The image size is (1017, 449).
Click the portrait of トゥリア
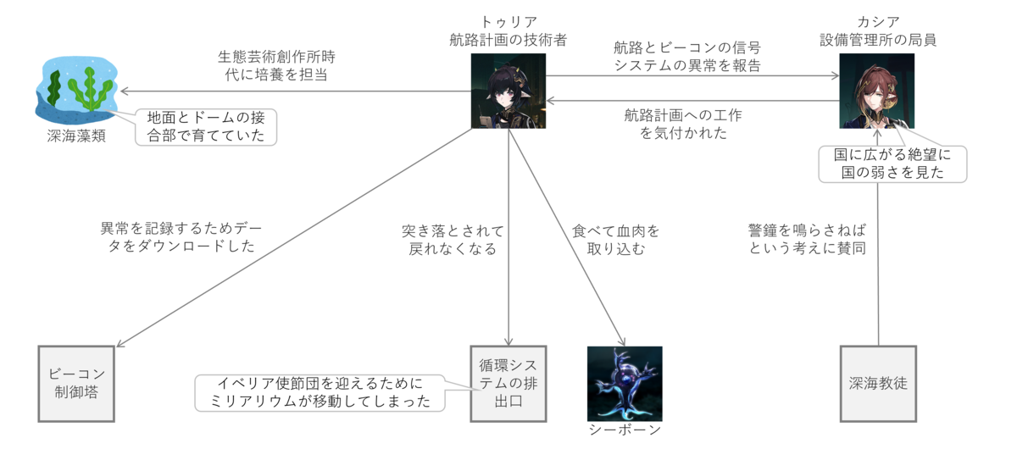pos(508,91)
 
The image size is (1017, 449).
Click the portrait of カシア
pos(876,91)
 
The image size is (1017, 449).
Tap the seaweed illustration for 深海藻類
pos(75,88)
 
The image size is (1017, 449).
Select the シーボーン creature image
pos(625,383)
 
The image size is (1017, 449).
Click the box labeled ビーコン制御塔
pos(76,383)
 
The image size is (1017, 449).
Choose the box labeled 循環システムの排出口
pos(508,383)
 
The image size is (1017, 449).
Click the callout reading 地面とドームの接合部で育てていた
pos(206,126)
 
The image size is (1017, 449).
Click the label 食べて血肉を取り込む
pos(615,239)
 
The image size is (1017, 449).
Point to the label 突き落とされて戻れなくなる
pos(453,239)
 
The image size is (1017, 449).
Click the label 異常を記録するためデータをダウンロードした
pos(178,236)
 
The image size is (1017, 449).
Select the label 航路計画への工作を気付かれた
pos(687,125)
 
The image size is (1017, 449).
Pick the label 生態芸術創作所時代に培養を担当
pos(276,65)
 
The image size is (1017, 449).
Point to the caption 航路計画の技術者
pos(508,39)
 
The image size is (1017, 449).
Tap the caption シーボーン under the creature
pos(625,430)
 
